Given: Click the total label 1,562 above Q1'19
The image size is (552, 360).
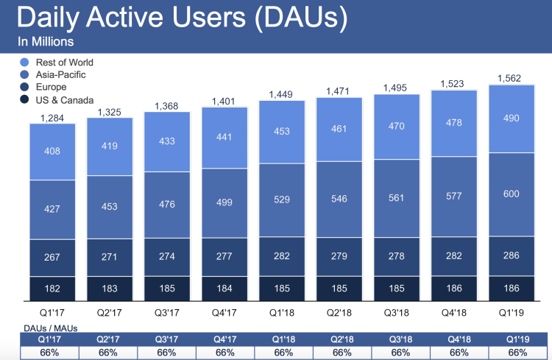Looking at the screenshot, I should click(x=512, y=78).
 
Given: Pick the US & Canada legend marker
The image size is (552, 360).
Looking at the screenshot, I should click(x=25, y=99).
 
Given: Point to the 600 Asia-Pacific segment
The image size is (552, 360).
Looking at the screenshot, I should click(x=512, y=194).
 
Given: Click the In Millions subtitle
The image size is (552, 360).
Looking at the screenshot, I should click(x=46, y=41).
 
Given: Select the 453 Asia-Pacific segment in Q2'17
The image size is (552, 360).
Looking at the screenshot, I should click(x=109, y=207).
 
